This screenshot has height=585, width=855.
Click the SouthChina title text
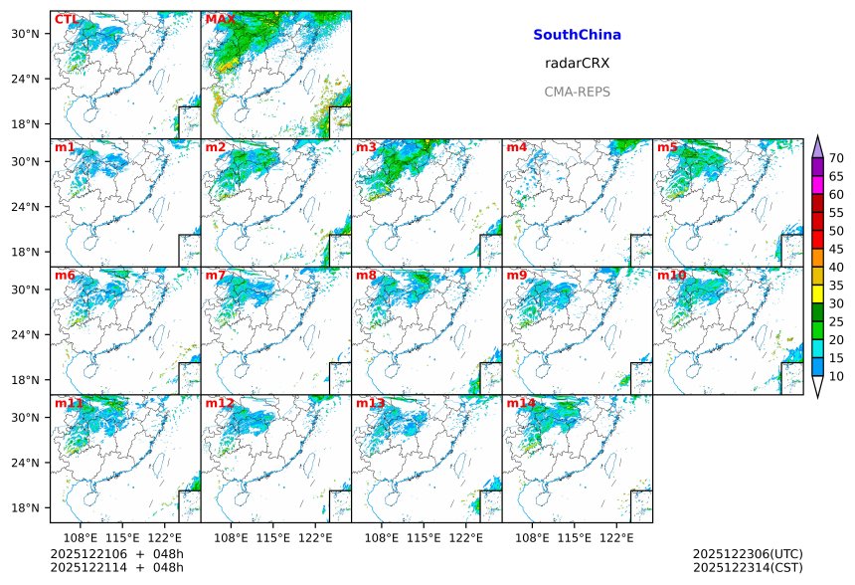pyautogui.click(x=577, y=35)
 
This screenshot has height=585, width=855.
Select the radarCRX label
pyautogui.click(x=577, y=63)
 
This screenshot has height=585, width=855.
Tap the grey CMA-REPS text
pyautogui.click(x=577, y=92)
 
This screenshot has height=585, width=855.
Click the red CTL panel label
pyautogui.click(x=66, y=19)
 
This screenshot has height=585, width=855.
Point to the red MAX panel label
pyautogui.click(x=220, y=19)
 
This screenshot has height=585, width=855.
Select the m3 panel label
pyautogui.click(x=366, y=147)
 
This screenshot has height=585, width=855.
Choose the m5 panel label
pyautogui.click(x=667, y=147)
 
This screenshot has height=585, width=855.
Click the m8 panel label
pyautogui.click(x=366, y=275)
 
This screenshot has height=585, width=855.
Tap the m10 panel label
pyautogui.click(x=671, y=275)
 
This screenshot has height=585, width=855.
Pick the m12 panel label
pyautogui.click(x=220, y=403)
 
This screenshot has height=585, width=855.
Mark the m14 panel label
pyautogui.click(x=521, y=403)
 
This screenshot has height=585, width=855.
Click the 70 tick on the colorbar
pyautogui.click(x=836, y=158)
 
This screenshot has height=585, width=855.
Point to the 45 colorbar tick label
pyautogui.click(x=836, y=249)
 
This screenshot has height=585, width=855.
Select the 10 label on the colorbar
pyautogui.click(x=836, y=376)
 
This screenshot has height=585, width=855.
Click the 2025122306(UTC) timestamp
pyautogui.click(x=748, y=553)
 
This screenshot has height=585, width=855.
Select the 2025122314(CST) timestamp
pyautogui.click(x=748, y=567)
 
